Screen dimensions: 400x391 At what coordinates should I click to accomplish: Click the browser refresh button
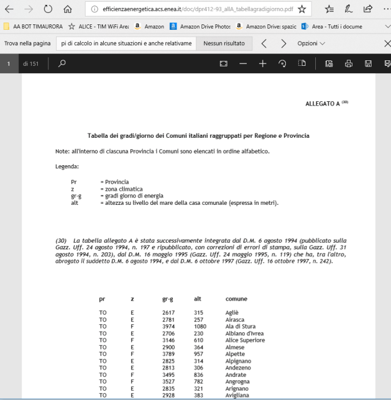click(x=48, y=9)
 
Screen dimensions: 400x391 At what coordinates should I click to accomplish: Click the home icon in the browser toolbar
click(x=67, y=9)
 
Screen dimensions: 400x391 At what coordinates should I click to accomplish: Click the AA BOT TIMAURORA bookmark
click(x=33, y=27)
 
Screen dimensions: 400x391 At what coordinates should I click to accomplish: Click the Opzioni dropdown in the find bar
click(x=311, y=44)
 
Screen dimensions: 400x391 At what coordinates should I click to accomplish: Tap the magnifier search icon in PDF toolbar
click(x=62, y=63)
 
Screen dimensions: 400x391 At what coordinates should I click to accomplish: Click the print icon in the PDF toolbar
click(x=348, y=63)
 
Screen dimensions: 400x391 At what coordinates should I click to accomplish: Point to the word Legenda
click(x=67, y=166)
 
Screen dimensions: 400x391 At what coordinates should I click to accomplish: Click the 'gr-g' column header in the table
click(x=167, y=299)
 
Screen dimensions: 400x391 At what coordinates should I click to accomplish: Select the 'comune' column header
click(x=236, y=299)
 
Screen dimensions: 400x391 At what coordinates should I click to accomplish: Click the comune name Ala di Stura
click(x=240, y=326)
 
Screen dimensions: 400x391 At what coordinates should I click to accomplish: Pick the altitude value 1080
click(x=200, y=326)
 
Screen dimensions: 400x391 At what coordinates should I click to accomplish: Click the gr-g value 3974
click(x=168, y=326)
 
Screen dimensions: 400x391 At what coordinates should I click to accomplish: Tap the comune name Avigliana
click(x=238, y=396)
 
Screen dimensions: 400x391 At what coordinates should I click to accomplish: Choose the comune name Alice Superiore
click(x=244, y=340)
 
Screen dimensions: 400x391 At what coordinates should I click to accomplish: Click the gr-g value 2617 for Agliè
click(x=168, y=313)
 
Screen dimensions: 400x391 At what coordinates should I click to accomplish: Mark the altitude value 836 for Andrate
click(x=198, y=375)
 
